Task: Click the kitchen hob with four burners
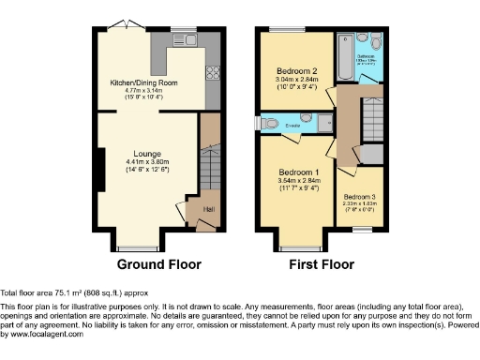[213, 75]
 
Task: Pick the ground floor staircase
[209, 172]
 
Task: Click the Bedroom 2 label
[296, 71]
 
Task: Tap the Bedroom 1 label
[299, 172]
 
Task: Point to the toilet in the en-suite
[268, 123]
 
